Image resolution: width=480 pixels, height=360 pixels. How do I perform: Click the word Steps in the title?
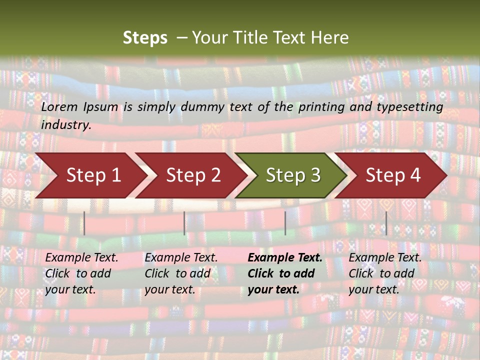click(145, 38)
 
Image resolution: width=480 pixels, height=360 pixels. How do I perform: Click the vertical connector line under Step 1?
click(84, 223)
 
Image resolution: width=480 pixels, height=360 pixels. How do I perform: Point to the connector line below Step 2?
click(184, 223)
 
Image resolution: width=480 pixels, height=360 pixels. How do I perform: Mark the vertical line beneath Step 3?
click(285, 223)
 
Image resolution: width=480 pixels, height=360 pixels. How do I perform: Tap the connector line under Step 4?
click(386, 223)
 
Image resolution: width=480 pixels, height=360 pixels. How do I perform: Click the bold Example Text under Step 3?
click(285, 258)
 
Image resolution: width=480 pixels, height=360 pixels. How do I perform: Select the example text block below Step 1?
click(81, 273)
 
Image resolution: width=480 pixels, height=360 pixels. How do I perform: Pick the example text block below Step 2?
click(181, 273)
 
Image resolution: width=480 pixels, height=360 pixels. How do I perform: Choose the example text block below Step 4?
click(385, 273)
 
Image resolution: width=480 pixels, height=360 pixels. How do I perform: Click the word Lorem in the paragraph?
click(59, 107)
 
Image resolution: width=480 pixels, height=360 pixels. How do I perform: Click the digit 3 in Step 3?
click(315, 175)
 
